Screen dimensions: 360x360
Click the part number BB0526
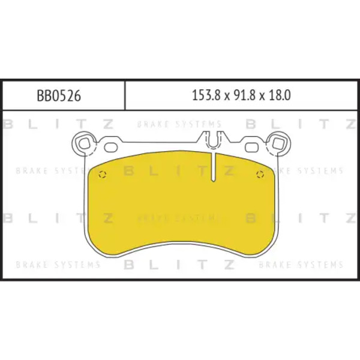(59, 95)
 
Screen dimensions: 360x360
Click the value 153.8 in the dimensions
(206, 95)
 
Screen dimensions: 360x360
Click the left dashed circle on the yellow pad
(103, 175)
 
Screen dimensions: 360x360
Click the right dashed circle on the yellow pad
(260, 175)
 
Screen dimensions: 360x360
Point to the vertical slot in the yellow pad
(214, 167)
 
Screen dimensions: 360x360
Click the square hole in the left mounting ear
(85, 143)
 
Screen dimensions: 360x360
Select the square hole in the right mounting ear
(278, 143)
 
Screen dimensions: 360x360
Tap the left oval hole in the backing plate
(111, 148)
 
